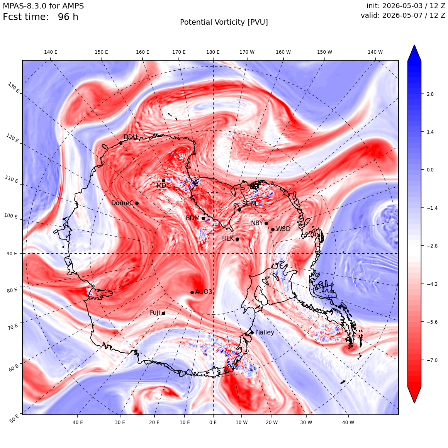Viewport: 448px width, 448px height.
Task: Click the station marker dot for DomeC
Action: point(137,204)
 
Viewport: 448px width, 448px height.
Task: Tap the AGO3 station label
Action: point(204,292)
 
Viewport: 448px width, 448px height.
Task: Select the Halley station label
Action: point(265,332)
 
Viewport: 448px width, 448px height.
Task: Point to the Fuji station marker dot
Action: point(163,314)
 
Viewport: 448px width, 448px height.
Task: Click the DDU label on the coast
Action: point(131,137)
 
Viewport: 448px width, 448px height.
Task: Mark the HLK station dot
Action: point(237,239)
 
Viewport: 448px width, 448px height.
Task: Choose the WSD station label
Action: point(283,229)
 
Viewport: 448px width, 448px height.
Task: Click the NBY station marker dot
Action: point(266,224)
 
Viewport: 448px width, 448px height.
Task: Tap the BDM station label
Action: point(193,218)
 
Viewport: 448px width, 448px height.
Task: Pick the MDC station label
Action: point(163,185)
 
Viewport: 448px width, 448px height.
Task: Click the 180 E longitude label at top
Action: point(213,52)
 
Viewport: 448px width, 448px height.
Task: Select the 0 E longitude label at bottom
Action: point(213,422)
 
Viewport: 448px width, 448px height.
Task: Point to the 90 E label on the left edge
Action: point(12,253)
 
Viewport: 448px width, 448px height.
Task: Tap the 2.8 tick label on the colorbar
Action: point(430,94)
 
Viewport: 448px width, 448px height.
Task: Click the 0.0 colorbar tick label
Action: point(430,170)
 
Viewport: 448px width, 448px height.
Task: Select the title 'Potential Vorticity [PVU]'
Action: point(224,22)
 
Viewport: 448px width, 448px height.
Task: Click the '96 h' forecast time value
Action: point(68,17)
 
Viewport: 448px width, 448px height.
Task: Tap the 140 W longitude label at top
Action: point(375,52)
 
